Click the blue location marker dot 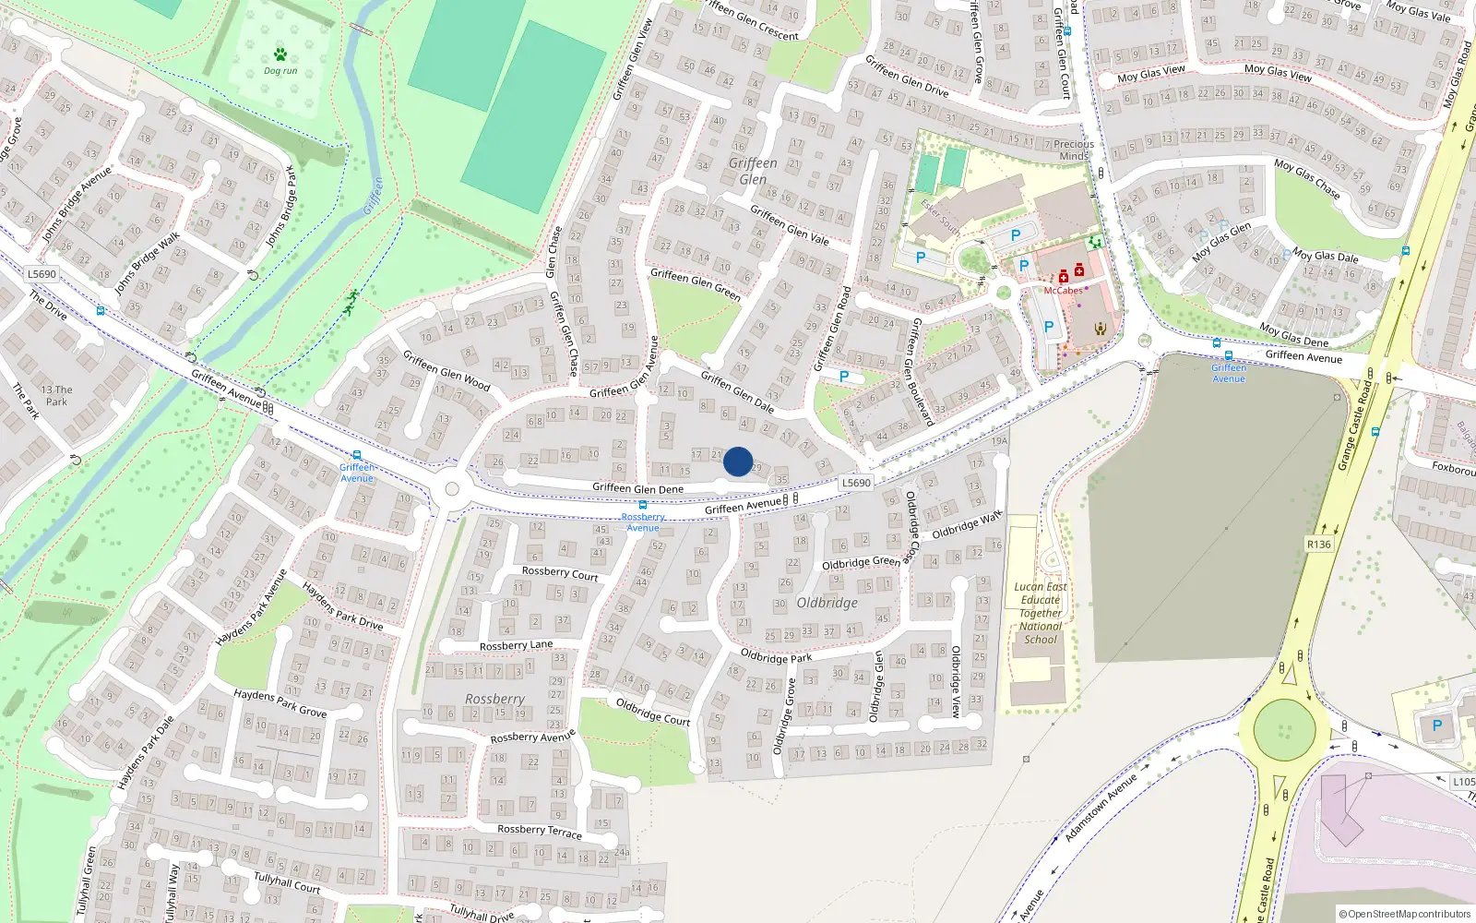tap(738, 461)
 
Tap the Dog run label tap(280, 70)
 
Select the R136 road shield tap(1319, 545)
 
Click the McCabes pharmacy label tap(1063, 291)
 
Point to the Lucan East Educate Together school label tap(1041, 613)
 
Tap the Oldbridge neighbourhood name tap(827, 603)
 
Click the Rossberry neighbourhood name tap(494, 700)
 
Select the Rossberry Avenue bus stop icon tap(643, 506)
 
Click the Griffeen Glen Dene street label tap(637, 488)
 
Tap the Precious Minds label tap(1074, 150)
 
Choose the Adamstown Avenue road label tap(1101, 808)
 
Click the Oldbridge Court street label tap(653, 711)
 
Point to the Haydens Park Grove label tap(280, 702)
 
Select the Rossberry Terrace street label tap(540, 831)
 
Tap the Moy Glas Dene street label tap(1294, 335)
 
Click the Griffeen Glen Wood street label tap(446, 370)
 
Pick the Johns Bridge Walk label tap(148, 264)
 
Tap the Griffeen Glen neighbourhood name tap(753, 171)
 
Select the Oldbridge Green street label tap(861, 562)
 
